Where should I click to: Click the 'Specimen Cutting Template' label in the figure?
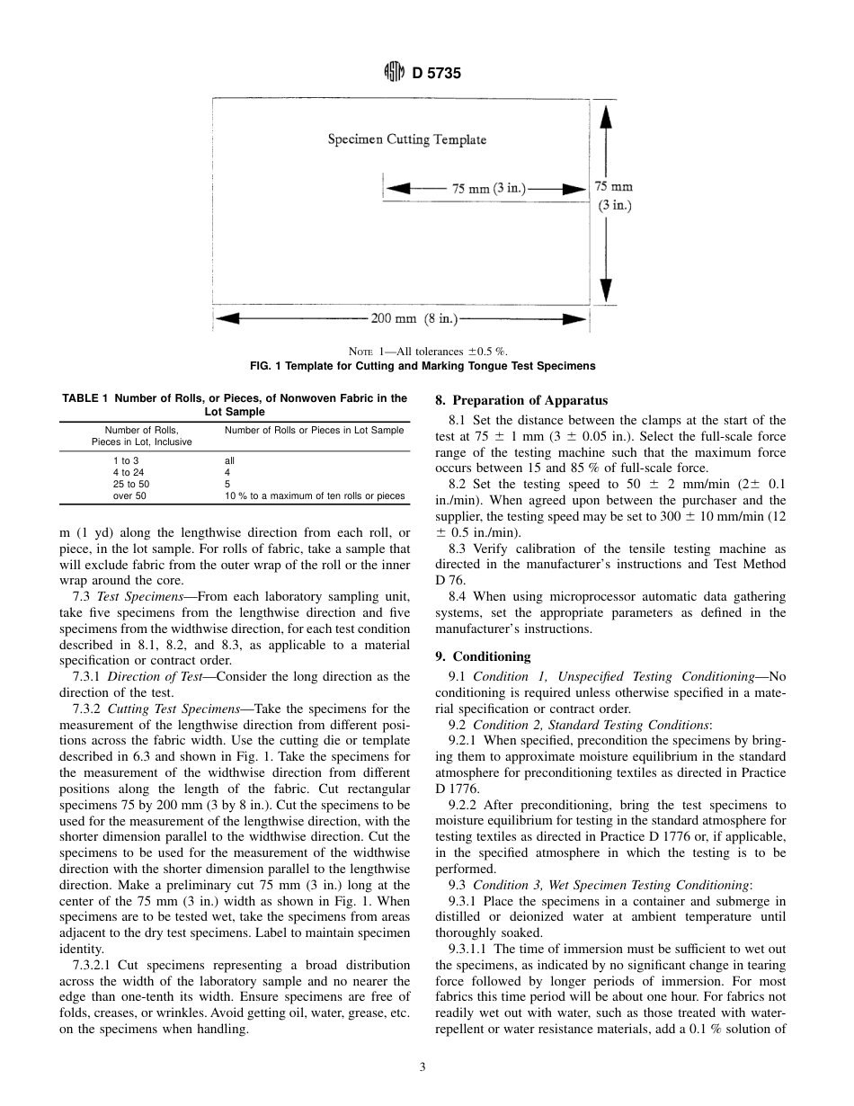click(x=406, y=139)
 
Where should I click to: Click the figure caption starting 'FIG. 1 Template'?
click(x=422, y=366)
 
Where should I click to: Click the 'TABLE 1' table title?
click(x=235, y=405)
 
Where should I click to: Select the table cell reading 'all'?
click(x=229, y=460)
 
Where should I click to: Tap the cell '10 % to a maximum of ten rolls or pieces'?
click(x=315, y=495)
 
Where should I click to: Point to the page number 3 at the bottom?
click(x=422, y=1067)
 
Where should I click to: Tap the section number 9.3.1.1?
click(x=467, y=948)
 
